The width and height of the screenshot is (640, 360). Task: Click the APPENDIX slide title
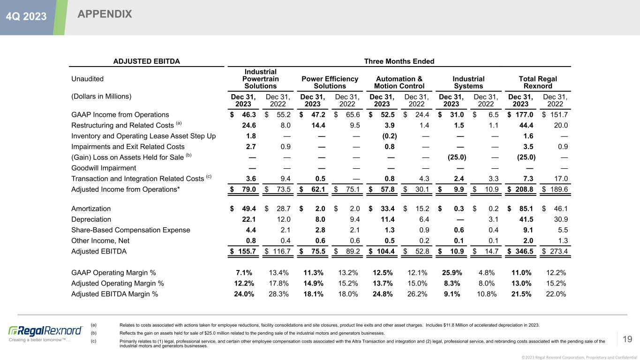(105, 15)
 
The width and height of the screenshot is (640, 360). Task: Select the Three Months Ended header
(399, 61)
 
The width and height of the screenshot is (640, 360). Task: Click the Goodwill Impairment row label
(104, 168)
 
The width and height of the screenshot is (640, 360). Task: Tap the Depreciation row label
(91, 219)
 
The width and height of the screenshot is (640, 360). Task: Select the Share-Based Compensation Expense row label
(131, 230)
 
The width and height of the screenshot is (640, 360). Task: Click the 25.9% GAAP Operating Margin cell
(453, 273)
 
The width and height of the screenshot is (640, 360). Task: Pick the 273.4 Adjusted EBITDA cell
(558, 251)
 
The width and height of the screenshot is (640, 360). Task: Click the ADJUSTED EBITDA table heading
(147, 61)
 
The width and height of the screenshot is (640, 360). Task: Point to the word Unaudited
(87, 79)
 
